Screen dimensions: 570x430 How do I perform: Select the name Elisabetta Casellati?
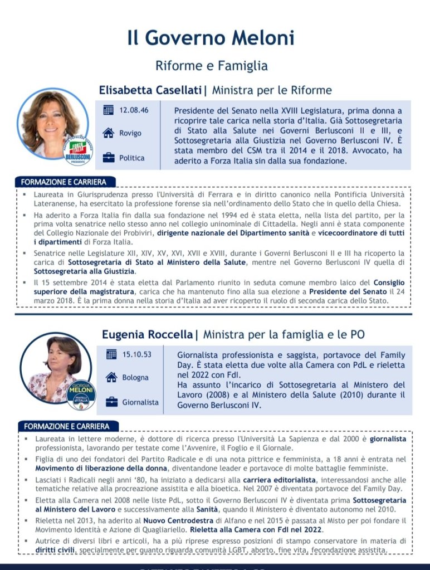click(x=150, y=90)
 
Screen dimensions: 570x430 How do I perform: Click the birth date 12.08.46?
click(x=134, y=110)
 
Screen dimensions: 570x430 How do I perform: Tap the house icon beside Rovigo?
click(x=109, y=133)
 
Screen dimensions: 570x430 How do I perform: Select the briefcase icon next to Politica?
click(x=109, y=158)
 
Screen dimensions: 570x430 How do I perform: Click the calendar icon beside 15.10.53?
click(x=111, y=354)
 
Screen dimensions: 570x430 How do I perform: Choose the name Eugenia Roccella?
click(x=147, y=334)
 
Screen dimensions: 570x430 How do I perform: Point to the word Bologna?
click(x=135, y=378)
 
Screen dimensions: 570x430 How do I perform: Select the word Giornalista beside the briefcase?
click(x=140, y=402)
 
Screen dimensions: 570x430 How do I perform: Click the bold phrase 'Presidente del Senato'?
click(x=348, y=291)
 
